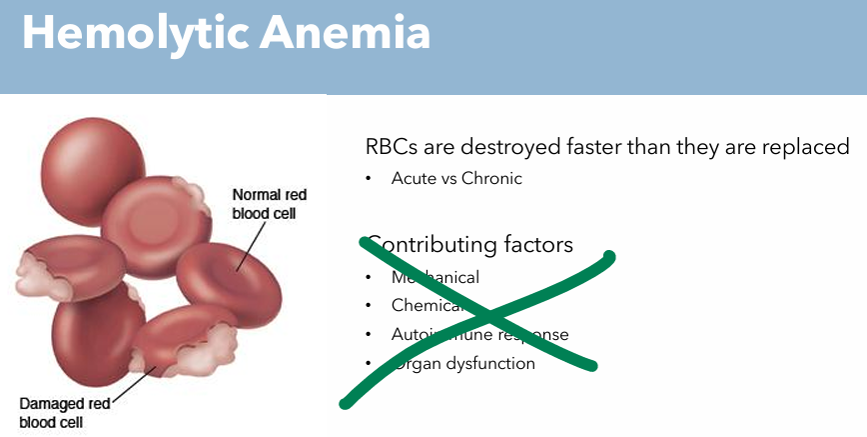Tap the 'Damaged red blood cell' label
(x=65, y=412)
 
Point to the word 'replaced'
(x=805, y=147)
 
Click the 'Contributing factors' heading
(x=469, y=244)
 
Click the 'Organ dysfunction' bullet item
(x=463, y=363)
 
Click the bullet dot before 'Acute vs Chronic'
(x=369, y=179)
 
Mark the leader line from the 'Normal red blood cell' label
(x=251, y=245)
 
